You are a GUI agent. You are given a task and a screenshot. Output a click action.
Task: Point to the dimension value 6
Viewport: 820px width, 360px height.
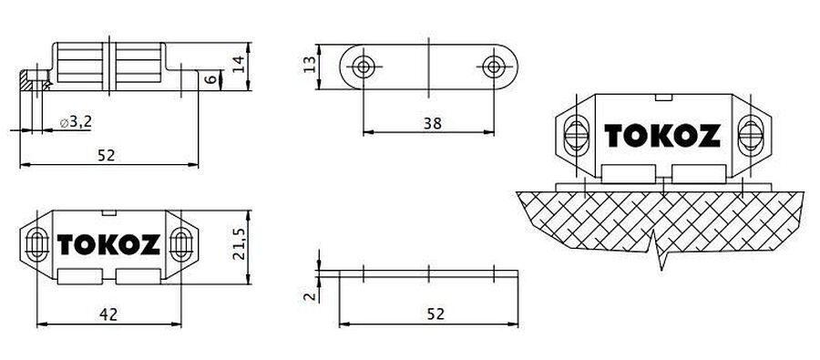(210, 79)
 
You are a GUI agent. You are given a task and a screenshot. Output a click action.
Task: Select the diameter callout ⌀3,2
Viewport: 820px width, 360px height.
(77, 122)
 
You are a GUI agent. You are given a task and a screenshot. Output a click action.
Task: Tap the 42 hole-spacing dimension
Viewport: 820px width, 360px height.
(108, 314)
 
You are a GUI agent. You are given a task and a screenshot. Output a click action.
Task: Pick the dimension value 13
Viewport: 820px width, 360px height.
(310, 65)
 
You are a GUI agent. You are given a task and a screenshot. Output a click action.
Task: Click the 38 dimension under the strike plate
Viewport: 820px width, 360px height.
(433, 123)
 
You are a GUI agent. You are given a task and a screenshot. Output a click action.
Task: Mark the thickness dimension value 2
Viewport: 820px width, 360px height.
(310, 296)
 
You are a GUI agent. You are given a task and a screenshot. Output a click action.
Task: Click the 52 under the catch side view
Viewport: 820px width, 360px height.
(107, 156)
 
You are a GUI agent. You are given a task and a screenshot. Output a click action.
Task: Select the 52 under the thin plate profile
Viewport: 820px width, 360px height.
(436, 314)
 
